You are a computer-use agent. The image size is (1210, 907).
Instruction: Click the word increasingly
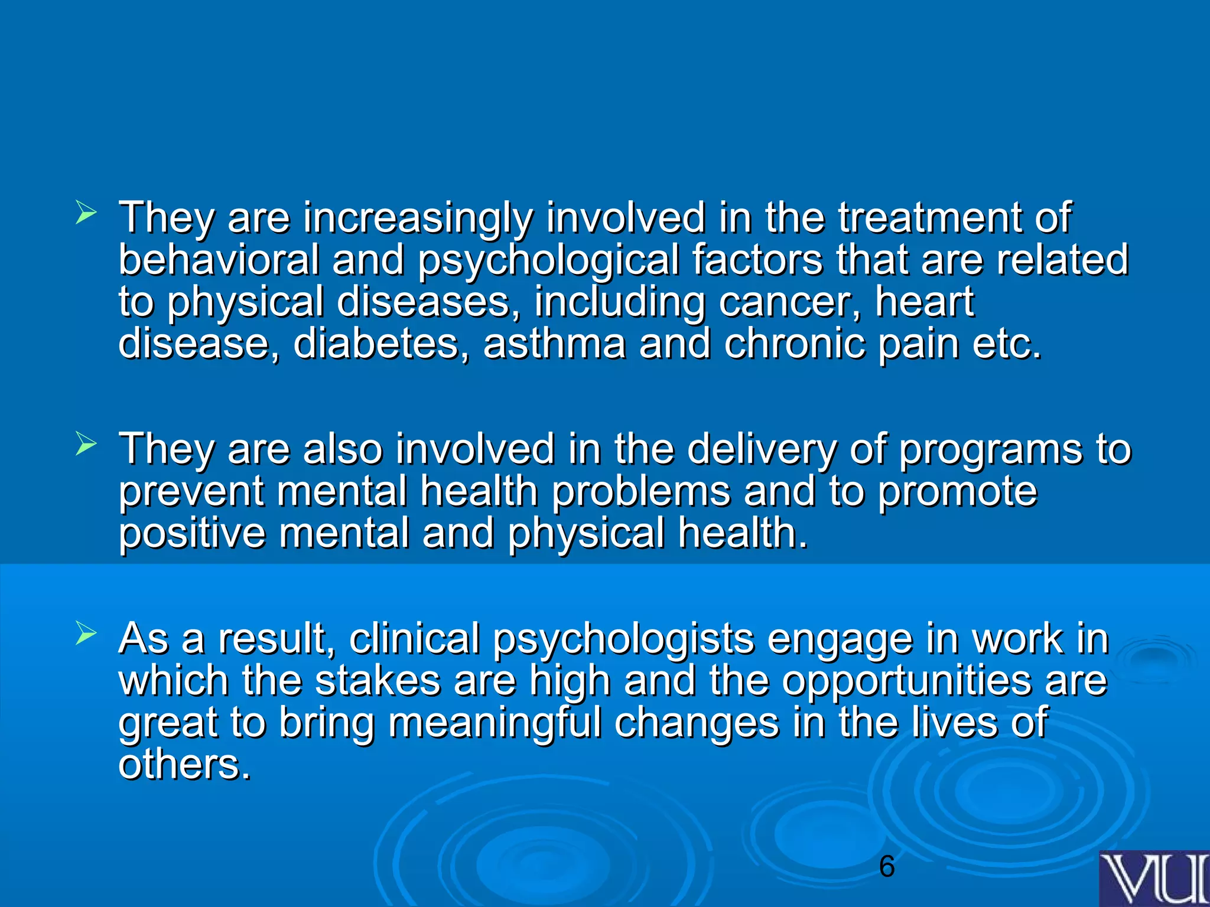pyautogui.click(x=417, y=218)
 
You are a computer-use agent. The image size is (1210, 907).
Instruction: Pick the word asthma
pyautogui.click(x=554, y=343)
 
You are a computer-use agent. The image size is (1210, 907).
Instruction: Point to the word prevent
pyautogui.click(x=191, y=491)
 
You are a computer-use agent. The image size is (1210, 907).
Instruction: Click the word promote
pyautogui.click(x=957, y=491)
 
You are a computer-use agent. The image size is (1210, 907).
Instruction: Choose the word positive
pyautogui.click(x=192, y=533)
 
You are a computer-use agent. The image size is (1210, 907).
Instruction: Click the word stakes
pyautogui.click(x=378, y=680)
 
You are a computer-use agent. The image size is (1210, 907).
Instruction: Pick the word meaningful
pyautogui.click(x=495, y=723)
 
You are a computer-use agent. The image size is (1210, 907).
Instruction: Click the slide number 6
pyautogui.click(x=887, y=867)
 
